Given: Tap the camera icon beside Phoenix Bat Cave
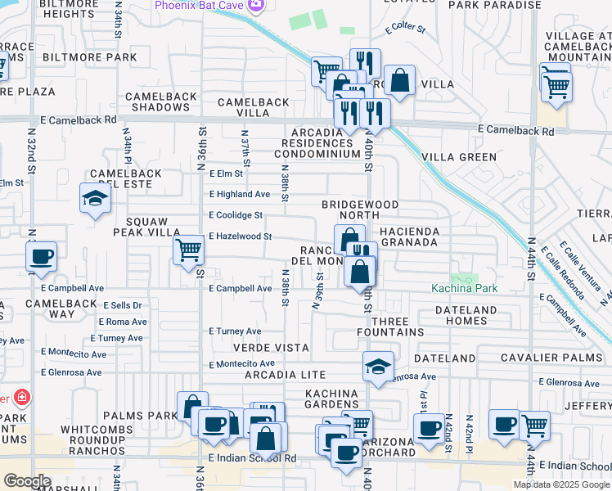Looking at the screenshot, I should coord(256,6).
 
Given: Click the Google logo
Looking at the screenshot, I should coord(26,481).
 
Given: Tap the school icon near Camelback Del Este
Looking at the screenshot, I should coord(95,198).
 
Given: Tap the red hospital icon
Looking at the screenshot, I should coord(22,399).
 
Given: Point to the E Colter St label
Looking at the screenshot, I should coord(405,29).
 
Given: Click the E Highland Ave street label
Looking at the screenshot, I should coord(239,194).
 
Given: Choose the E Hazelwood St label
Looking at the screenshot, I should coord(240,236).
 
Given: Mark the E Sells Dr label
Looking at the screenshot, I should coord(120,305).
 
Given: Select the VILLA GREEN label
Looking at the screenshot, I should coord(459,156).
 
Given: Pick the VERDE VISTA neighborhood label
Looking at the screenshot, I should coord(274,348).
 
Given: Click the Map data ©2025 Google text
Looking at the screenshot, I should coord(561,484).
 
